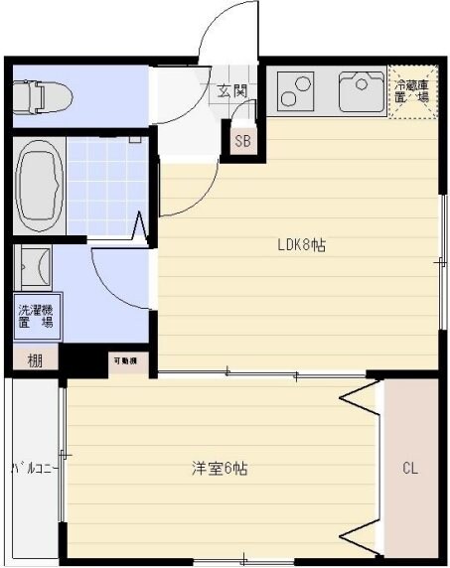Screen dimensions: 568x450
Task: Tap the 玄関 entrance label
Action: point(232,91)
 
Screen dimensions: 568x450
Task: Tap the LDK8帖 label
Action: point(301,246)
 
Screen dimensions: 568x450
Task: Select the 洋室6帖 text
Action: point(220,468)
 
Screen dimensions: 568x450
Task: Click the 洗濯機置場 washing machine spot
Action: point(35,317)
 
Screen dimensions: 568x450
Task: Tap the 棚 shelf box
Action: point(35,358)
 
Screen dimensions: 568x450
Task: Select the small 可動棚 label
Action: point(124,360)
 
